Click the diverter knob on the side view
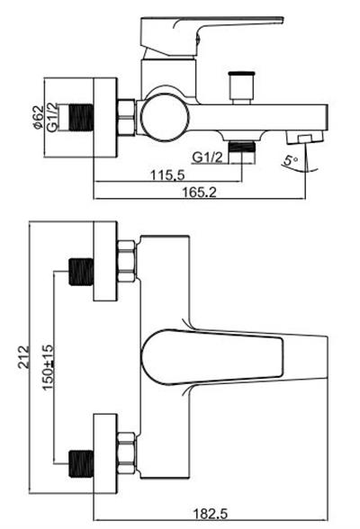tap(241, 85)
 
